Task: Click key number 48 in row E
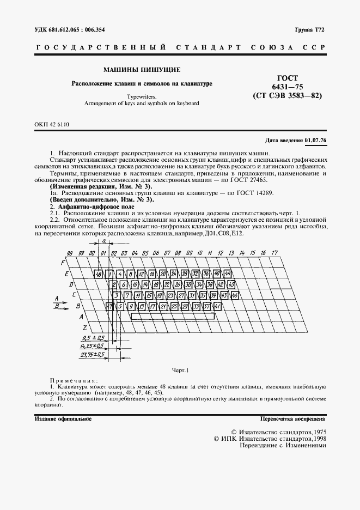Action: pyautogui.click(x=99, y=274)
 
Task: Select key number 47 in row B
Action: pyautogui.click(x=109, y=306)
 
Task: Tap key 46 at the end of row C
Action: pyautogui.click(x=235, y=295)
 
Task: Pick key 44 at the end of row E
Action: pyautogui.click(x=228, y=274)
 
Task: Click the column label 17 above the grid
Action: pyautogui.click(x=275, y=253)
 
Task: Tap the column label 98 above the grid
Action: pyautogui.click(x=70, y=253)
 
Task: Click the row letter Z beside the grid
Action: pyautogui.click(x=84, y=327)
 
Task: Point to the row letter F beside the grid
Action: pyautogui.click(x=62, y=263)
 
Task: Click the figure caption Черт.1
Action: pyautogui.click(x=180, y=371)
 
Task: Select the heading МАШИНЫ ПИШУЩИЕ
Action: pyautogui.click(x=142, y=70)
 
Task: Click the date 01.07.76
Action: pyautogui.click(x=315, y=140)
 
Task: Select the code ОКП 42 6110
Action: pyautogui.click(x=52, y=125)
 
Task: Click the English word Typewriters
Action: pyautogui.click(x=142, y=95)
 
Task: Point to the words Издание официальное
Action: pyautogui.click(x=63, y=419)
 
